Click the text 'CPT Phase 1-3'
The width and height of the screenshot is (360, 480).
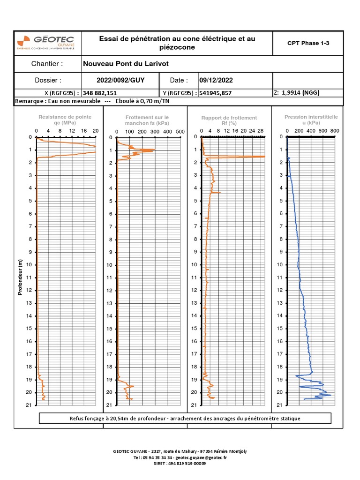click(x=308, y=43)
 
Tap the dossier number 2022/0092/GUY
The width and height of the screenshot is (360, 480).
click(x=120, y=80)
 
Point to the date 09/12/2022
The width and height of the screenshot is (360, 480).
click(x=215, y=80)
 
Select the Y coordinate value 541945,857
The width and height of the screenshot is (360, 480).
click(x=215, y=93)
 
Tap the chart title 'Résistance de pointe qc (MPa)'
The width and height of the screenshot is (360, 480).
click(x=65, y=120)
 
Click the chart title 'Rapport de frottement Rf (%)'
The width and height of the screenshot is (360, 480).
click(x=229, y=120)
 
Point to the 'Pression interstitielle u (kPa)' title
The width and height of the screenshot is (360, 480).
click(x=311, y=119)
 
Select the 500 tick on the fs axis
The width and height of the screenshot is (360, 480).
click(x=180, y=132)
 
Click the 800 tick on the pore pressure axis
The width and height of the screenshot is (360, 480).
click(x=334, y=130)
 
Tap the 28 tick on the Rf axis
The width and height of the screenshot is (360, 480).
click(x=261, y=131)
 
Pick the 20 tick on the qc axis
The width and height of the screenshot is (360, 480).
click(x=95, y=130)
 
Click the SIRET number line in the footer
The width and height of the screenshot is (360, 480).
click(x=180, y=463)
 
